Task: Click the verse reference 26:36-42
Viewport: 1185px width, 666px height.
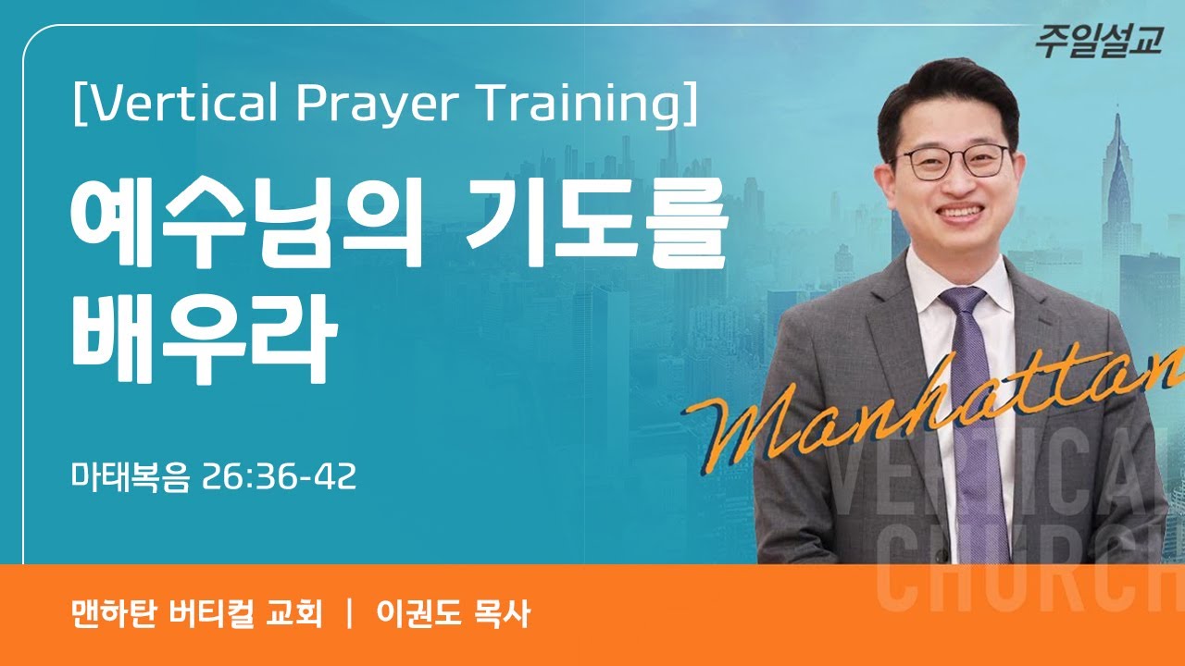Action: click(279, 478)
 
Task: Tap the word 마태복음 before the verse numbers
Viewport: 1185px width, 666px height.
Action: click(131, 478)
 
